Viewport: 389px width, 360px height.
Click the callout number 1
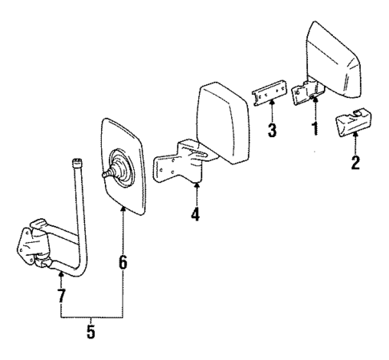(x=315, y=127)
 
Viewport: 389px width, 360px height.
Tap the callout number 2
(x=355, y=164)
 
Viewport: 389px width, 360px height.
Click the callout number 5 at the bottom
(x=90, y=331)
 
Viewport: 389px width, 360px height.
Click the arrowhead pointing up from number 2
(x=355, y=140)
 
